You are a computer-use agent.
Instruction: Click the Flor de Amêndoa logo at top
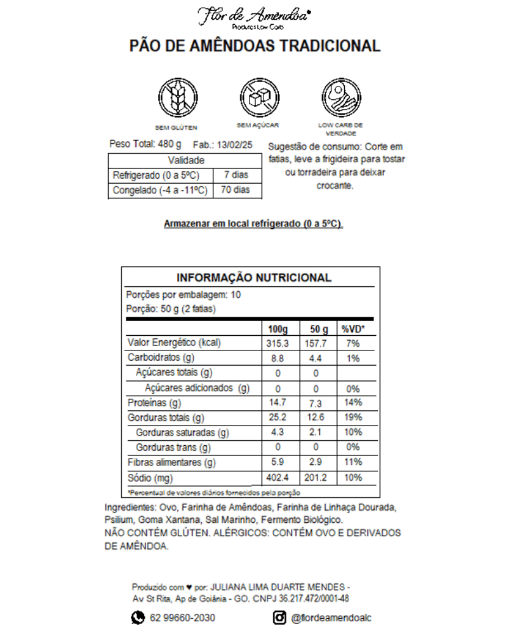click(x=253, y=17)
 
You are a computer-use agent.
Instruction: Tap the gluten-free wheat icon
click(x=177, y=97)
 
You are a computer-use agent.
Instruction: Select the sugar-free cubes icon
click(x=258, y=97)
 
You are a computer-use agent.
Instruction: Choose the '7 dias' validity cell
click(x=236, y=175)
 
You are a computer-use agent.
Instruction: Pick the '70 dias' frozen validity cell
click(x=236, y=190)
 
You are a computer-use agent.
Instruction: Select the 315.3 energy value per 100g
click(x=277, y=343)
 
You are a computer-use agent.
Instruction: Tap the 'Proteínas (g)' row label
click(x=154, y=403)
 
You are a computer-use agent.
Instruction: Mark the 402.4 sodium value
click(x=277, y=478)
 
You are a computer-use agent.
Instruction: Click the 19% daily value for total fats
click(x=353, y=418)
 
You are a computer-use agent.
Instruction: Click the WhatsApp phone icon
click(x=138, y=618)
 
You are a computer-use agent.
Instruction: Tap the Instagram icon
click(x=279, y=618)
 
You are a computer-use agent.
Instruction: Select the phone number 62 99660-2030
click(x=182, y=618)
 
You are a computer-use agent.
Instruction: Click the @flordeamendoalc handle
click(x=331, y=618)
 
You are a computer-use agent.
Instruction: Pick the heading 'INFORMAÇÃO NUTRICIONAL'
click(x=253, y=278)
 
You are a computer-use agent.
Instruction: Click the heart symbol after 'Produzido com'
click(x=189, y=586)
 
